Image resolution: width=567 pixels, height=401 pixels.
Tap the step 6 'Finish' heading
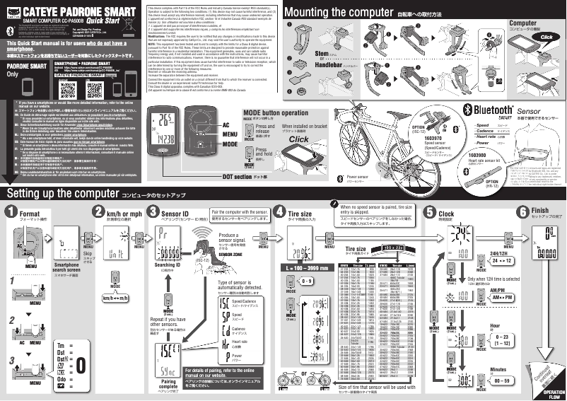tap(539, 211)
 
